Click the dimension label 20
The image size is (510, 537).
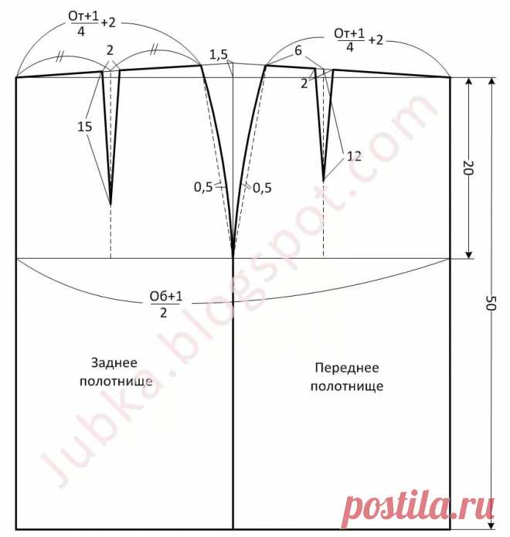pyautogui.click(x=468, y=168)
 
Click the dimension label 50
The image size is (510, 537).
pyautogui.click(x=491, y=303)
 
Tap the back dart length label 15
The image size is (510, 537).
pyautogui.click(x=84, y=127)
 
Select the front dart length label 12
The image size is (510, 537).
pyautogui.click(x=354, y=157)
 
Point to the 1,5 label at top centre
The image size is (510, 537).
pyautogui.click(x=219, y=55)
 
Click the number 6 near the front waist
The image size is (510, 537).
pyautogui.click(x=298, y=51)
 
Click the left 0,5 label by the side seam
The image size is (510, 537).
pyautogui.click(x=203, y=187)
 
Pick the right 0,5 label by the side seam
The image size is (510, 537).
pyautogui.click(x=262, y=188)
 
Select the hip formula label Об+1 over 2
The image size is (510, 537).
pyautogui.click(x=166, y=304)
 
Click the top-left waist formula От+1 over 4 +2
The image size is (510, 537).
pyautogui.click(x=92, y=23)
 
